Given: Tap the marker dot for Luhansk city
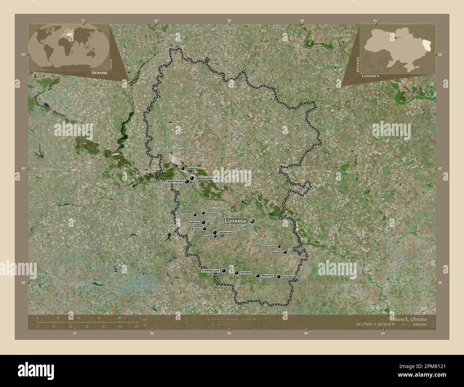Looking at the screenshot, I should point(252,221).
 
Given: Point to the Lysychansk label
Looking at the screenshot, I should point(174,182).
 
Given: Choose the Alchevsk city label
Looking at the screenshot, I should point(225,232).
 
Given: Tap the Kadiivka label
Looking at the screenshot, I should point(193,222).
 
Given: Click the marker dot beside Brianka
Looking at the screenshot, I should point(205,229).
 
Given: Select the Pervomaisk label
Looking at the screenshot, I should point(185,215).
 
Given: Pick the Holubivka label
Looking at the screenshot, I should point(211,213).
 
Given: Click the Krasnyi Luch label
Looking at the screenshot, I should point(210,271).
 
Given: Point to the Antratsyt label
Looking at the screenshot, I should point(246,273).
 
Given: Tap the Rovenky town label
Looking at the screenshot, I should point(267,276).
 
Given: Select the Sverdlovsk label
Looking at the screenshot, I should point(289,277).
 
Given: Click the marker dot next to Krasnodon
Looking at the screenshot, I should point(285,252).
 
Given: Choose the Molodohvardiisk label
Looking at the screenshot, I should point(268,246).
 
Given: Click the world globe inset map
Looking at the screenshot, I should point(69,47).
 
